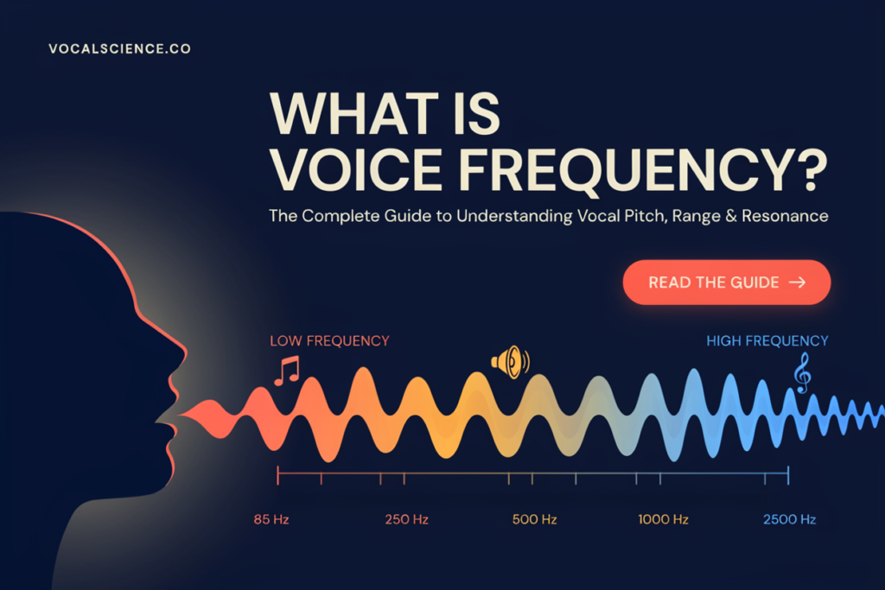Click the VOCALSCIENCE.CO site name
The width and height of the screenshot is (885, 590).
coord(119,49)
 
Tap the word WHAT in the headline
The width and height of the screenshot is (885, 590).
coord(353,113)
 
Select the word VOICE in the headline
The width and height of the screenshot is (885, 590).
coord(356,169)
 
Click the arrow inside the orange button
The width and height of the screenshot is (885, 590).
coord(798,282)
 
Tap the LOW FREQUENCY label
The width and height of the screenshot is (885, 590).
coord(329,340)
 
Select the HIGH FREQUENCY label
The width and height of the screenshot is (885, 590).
coord(767,340)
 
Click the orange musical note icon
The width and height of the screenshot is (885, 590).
coord(287,371)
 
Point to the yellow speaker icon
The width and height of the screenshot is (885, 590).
coord(510,362)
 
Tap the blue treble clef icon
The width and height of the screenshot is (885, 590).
coord(803,372)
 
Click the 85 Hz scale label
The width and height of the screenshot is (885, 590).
coord(271,519)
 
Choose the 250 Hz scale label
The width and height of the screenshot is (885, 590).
coord(407,519)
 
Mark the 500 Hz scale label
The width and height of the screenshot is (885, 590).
coord(534,519)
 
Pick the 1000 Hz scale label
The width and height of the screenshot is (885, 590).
coord(663,519)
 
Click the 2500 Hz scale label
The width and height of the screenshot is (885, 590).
coord(790,519)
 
